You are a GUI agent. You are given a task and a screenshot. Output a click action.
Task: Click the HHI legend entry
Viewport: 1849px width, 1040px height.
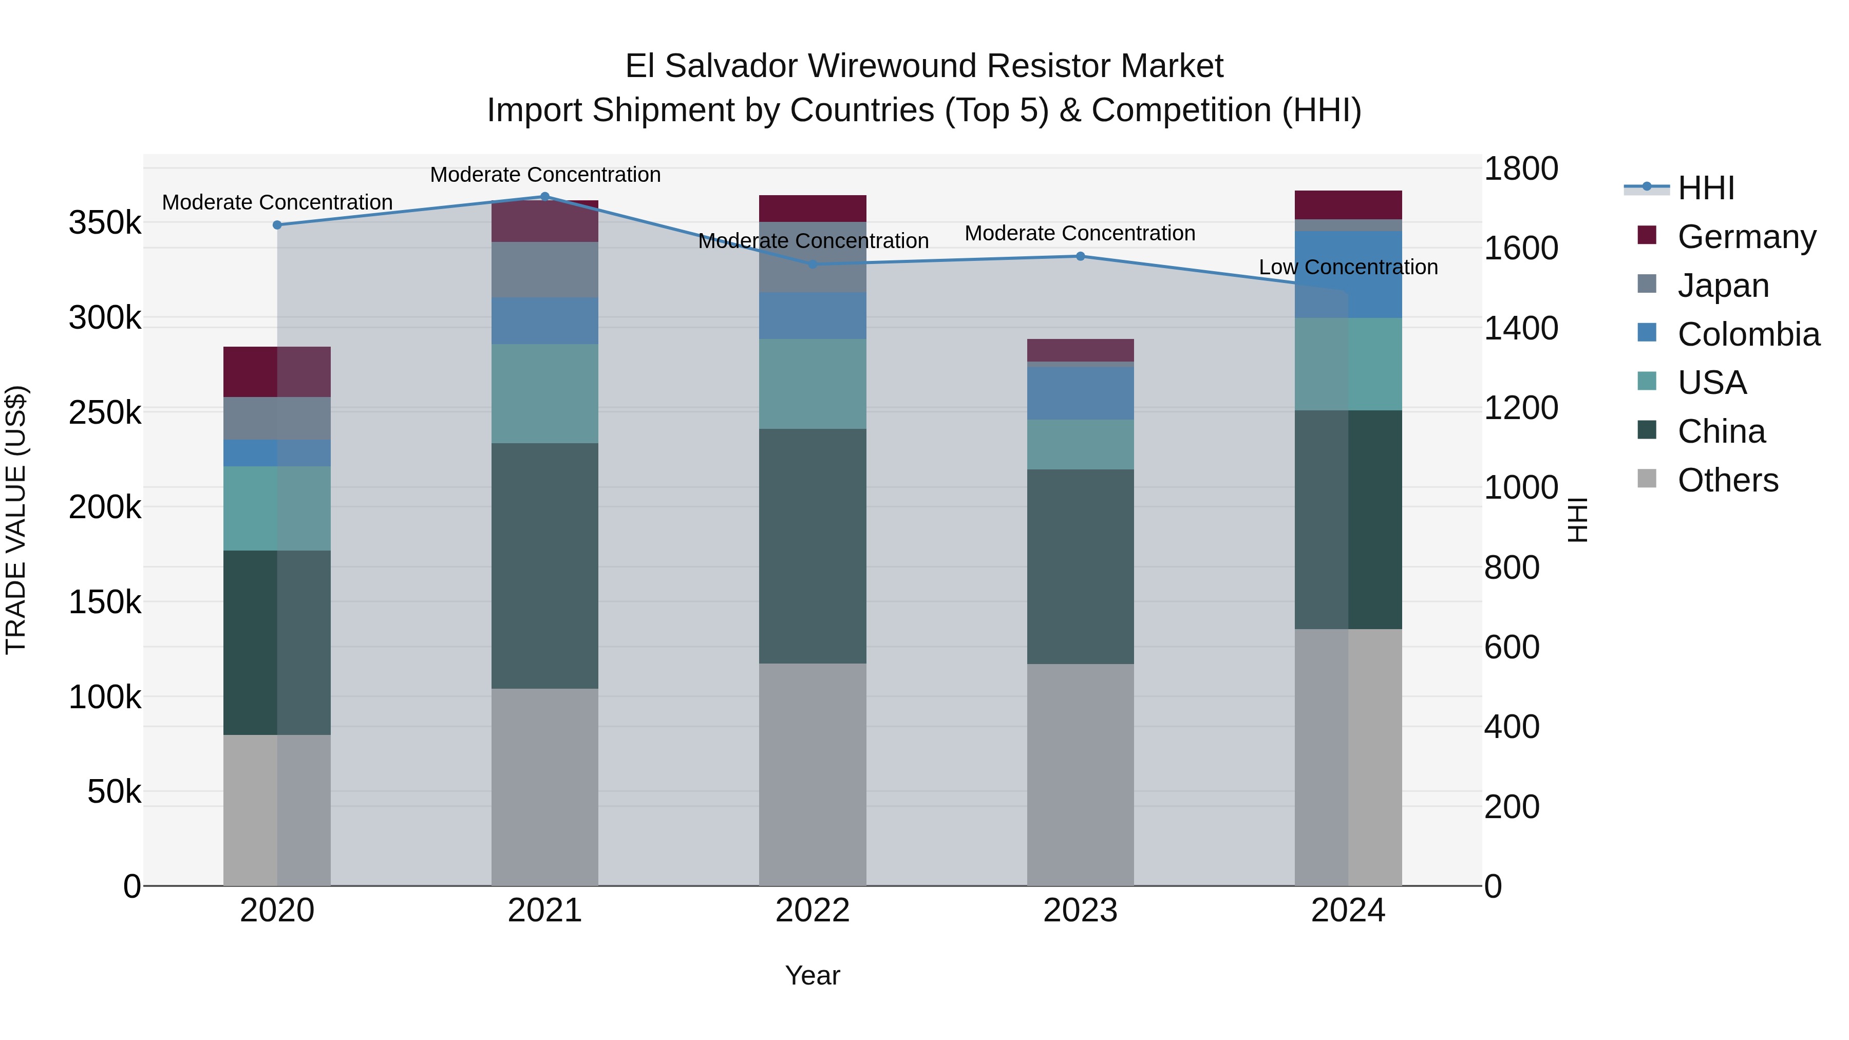click(x=1705, y=188)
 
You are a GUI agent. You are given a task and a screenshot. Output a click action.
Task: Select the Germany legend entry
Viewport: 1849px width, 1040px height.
click(x=1746, y=237)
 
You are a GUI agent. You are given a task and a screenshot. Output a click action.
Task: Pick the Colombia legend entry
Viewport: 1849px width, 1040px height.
click(x=1748, y=334)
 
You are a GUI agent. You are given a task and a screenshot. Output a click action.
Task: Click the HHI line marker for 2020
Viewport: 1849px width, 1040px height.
click(x=277, y=224)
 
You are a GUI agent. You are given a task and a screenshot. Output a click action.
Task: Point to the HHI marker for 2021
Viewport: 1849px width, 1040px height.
click(x=545, y=197)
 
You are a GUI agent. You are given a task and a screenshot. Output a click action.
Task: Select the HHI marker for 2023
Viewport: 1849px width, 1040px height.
click(x=1080, y=256)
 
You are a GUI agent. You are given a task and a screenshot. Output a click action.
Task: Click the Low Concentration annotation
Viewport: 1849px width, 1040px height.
click(x=1348, y=267)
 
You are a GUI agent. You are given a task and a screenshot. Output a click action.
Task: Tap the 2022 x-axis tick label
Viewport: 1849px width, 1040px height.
click(x=813, y=911)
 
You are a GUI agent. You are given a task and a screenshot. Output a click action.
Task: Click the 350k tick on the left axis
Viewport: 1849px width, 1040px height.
click(x=105, y=222)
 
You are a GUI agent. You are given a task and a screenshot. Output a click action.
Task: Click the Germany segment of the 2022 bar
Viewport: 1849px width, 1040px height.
click(x=813, y=208)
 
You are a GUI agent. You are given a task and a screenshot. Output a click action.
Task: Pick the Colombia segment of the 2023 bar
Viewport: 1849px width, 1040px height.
click(x=1080, y=393)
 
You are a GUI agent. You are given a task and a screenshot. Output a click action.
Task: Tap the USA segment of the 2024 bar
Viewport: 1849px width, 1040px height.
click(x=1348, y=364)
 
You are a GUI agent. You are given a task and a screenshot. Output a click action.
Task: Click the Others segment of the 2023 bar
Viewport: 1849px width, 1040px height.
click(x=1080, y=774)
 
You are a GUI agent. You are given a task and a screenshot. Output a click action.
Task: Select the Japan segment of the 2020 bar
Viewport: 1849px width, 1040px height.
click(x=277, y=419)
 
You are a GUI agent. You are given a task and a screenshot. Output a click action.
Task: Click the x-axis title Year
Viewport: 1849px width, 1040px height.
click(x=813, y=975)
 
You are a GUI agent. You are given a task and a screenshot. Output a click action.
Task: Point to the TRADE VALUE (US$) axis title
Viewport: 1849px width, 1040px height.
click(x=16, y=520)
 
